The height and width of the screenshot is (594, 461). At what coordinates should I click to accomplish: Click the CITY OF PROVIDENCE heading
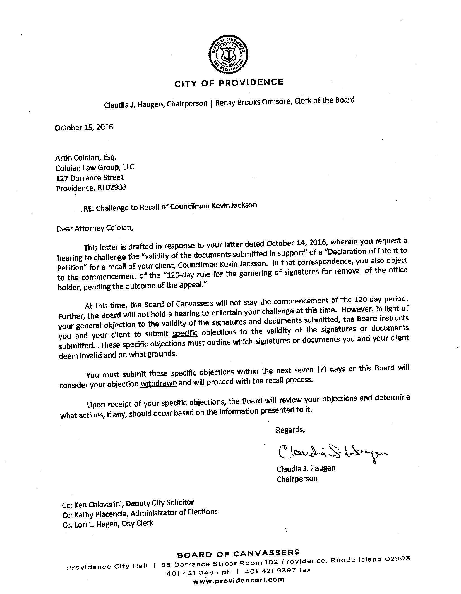pos(229,83)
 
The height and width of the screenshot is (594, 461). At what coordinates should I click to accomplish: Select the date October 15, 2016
pos(84,127)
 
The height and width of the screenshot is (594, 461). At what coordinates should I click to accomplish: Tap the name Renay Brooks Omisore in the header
pos(251,102)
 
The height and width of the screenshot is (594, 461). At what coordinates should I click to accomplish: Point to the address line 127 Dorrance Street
pos(90,178)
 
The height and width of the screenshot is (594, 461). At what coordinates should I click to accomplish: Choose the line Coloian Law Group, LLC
pos(95,168)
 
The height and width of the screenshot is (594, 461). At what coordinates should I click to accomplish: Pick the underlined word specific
pos(185,333)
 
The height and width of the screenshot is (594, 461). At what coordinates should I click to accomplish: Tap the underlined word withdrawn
pos(159,383)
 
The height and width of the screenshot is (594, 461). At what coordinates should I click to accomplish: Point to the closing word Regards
pos(290,429)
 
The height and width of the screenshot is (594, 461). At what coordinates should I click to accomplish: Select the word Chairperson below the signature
pos(297,479)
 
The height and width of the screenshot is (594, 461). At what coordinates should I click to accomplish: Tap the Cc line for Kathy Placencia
pos(140,513)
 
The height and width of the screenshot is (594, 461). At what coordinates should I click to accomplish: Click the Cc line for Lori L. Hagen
pos(108,523)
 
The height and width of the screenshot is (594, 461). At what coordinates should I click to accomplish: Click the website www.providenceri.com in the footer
pos(238,579)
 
